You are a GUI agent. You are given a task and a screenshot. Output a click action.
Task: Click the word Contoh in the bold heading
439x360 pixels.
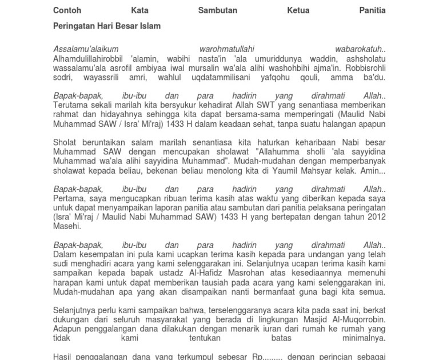[x=67, y=10]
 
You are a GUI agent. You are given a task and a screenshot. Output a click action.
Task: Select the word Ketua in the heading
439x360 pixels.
[x=298, y=10]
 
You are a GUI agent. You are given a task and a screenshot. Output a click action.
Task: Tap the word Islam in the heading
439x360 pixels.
[x=149, y=26]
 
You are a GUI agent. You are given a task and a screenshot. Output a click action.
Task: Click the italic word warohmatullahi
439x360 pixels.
[x=227, y=49]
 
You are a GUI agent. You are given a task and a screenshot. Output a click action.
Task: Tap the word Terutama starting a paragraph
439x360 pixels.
[x=72, y=105]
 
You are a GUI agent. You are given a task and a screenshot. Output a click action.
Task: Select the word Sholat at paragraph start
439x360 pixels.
[x=65, y=142]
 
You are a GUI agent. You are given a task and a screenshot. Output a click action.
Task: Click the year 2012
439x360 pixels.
[x=376, y=217]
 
